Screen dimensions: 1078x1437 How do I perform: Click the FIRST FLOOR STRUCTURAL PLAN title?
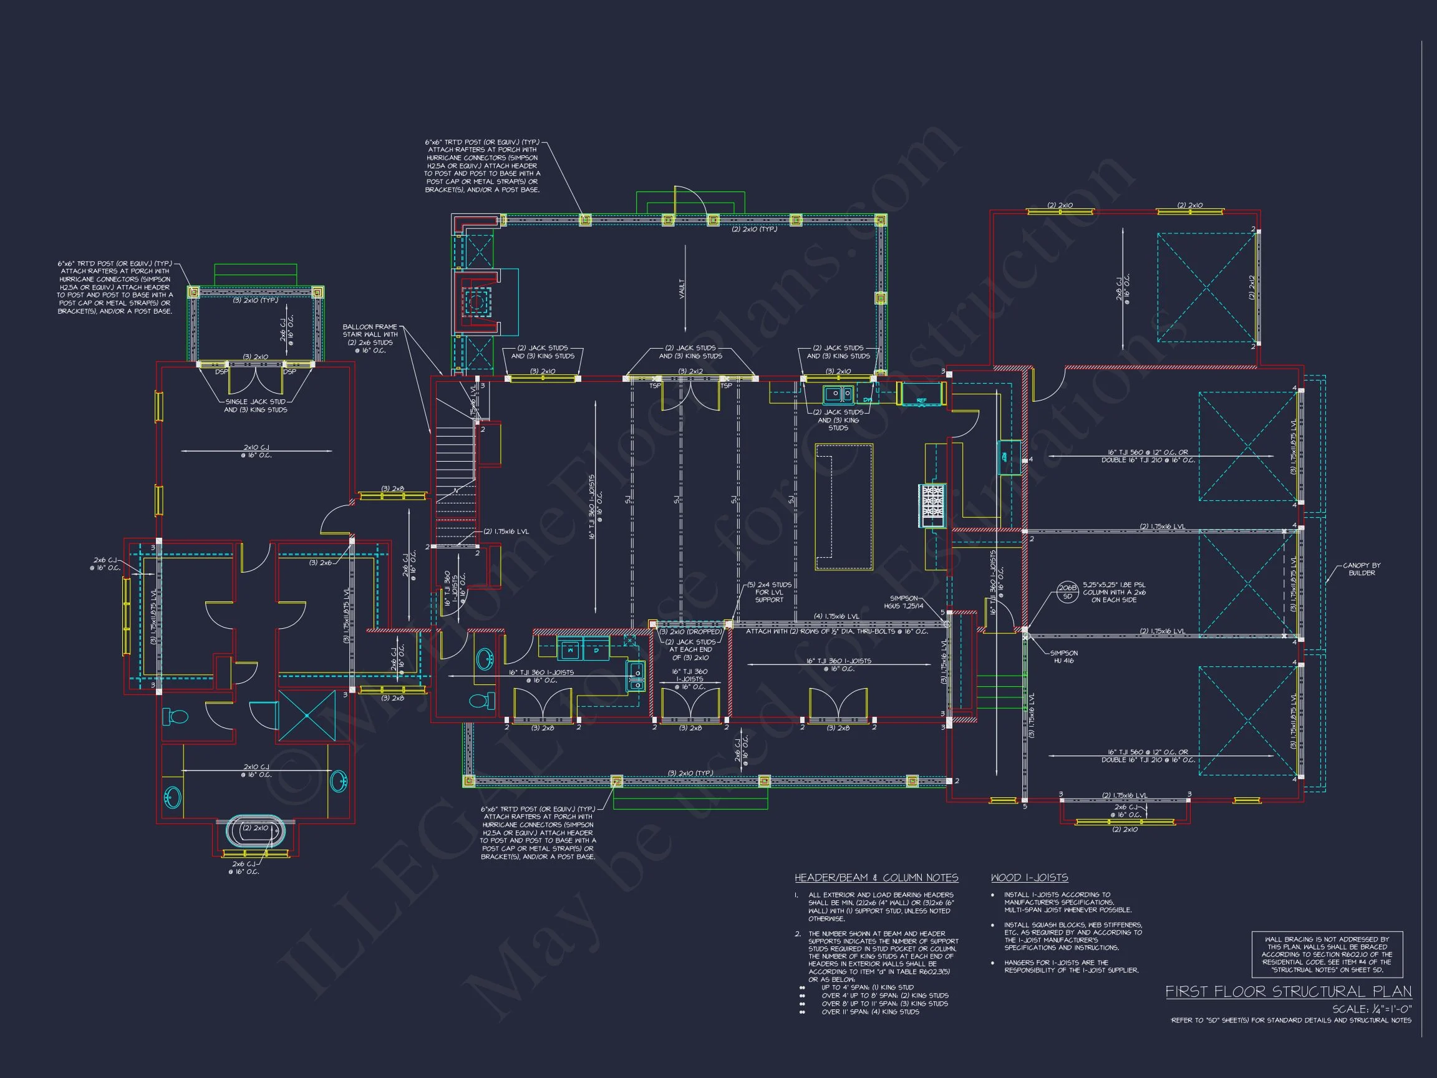pyautogui.click(x=1287, y=991)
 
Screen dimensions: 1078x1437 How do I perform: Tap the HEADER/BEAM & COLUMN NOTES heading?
pyautogui.click(x=876, y=878)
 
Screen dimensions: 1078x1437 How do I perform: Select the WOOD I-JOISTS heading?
pyautogui.click(x=1029, y=878)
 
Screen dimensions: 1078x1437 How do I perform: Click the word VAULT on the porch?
pyautogui.click(x=682, y=288)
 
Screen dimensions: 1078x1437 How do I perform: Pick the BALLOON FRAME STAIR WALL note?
pyautogui.click(x=370, y=339)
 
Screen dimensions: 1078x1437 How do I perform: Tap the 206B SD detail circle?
pyautogui.click(x=1067, y=591)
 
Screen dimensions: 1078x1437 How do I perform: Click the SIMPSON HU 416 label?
pyautogui.click(x=1064, y=657)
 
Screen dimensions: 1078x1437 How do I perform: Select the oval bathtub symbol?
pyautogui.click(x=255, y=830)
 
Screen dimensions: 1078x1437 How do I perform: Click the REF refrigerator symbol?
pyautogui.click(x=921, y=394)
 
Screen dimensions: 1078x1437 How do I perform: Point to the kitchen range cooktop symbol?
pyautogui.click(x=932, y=506)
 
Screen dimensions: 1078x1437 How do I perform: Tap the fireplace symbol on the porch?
pyautogui.click(x=476, y=301)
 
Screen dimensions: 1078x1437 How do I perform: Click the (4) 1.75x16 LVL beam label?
pyautogui.click(x=836, y=616)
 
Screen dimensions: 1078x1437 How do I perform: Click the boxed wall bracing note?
pyautogui.click(x=1327, y=954)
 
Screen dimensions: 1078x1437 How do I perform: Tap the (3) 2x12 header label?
pyautogui.click(x=690, y=372)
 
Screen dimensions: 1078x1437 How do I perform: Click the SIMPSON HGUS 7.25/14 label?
pyautogui.click(x=904, y=602)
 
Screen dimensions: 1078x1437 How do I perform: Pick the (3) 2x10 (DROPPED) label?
pyautogui.click(x=689, y=631)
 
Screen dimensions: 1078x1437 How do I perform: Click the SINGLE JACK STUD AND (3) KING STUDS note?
pyautogui.click(x=255, y=405)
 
